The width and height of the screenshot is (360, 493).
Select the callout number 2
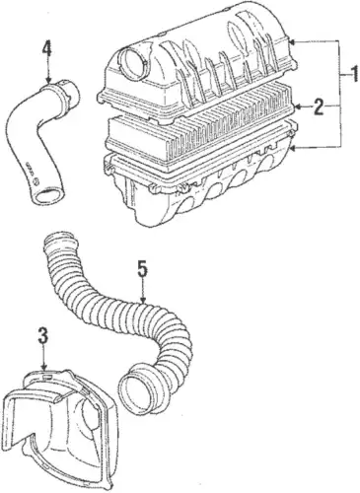319,106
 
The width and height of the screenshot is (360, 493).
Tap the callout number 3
43,336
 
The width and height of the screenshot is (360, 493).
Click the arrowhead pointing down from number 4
48,79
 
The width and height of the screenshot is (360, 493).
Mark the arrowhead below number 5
143,300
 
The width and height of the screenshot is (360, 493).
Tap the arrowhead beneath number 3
43,366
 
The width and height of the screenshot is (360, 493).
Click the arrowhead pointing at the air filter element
298,106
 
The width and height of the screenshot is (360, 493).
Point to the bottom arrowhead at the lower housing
295,149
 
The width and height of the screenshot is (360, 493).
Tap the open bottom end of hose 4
49,198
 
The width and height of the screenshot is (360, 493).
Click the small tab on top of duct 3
46,376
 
